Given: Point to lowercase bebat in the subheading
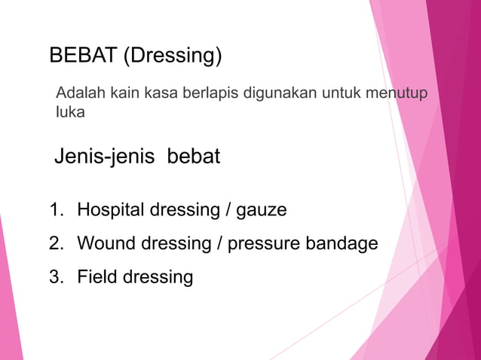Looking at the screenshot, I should tap(194, 157).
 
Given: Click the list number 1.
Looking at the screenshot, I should tap(56, 209).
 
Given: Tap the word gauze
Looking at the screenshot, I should tap(262, 210).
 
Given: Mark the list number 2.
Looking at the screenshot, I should tap(56, 243).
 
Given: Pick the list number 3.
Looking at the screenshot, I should tap(56, 276).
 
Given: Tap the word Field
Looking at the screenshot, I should tap(97, 276).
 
